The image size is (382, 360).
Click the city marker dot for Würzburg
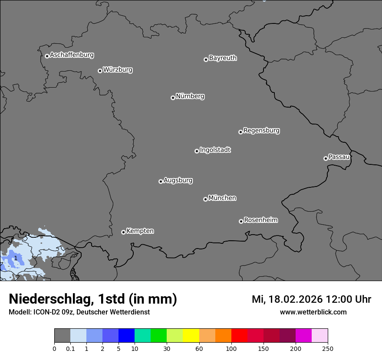point(100,71)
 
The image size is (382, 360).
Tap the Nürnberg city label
point(190,96)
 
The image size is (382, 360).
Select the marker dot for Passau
point(326,158)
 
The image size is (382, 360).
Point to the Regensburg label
point(261,131)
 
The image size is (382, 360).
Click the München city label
point(222,198)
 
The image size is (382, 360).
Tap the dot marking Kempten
point(123,232)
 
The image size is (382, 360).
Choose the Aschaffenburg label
point(72,55)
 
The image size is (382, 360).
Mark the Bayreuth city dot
point(206,59)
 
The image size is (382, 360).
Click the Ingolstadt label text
point(215,150)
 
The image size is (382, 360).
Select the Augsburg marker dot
point(161,181)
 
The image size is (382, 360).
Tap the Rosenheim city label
point(260,220)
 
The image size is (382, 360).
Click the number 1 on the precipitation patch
point(16,258)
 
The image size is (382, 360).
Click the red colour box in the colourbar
point(239,336)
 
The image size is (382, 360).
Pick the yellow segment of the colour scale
point(191,336)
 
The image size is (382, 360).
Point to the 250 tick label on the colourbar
point(328,348)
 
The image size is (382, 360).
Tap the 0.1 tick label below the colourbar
point(70,348)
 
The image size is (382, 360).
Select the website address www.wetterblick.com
point(313,312)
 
